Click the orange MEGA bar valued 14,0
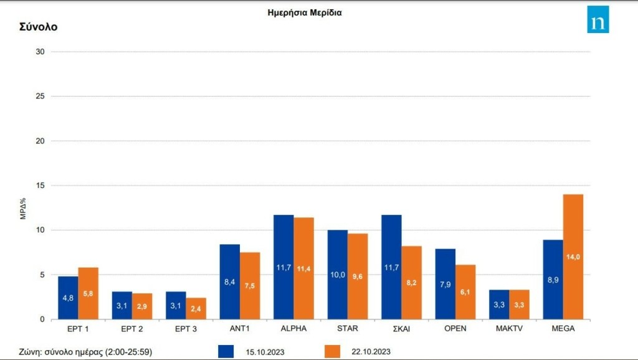tap(573, 257)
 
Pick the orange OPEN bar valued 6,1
tap(465, 292)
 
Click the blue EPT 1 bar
tap(68, 298)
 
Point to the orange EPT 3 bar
tap(196, 308)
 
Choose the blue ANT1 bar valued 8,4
tap(229, 282)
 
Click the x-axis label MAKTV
tap(508, 328)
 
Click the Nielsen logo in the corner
tap(598, 20)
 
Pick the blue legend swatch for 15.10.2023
tap(227, 352)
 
